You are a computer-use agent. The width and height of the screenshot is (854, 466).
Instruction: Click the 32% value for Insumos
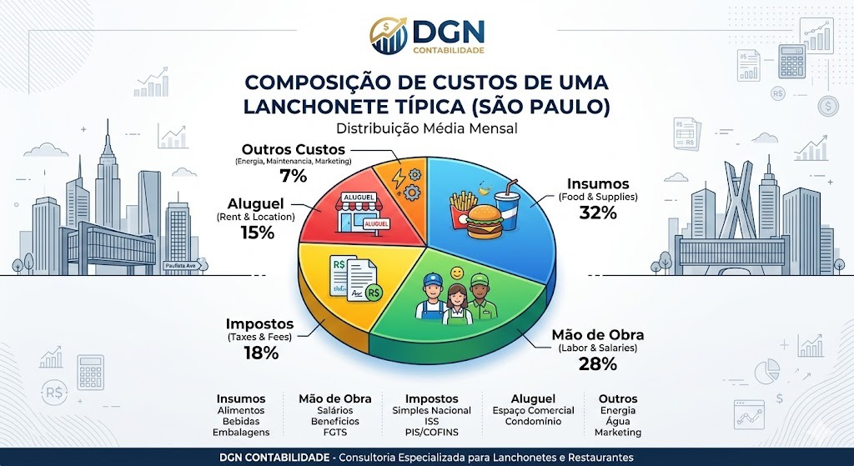(x=597, y=213)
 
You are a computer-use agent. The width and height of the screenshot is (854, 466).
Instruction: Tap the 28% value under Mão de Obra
(x=597, y=363)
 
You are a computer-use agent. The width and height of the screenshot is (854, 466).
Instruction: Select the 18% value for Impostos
(x=260, y=353)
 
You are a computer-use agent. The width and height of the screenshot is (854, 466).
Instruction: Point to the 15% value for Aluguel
(x=257, y=233)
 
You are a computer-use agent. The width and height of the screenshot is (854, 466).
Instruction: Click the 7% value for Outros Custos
(x=293, y=176)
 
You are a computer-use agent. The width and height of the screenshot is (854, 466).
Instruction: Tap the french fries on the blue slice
(x=464, y=208)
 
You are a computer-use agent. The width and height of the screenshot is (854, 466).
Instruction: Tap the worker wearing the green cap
(x=478, y=298)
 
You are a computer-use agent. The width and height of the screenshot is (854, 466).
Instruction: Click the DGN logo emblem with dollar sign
(x=389, y=37)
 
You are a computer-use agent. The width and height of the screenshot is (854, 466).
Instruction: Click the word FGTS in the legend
(x=334, y=433)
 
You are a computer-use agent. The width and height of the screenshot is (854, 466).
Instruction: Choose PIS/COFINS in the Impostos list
(x=431, y=433)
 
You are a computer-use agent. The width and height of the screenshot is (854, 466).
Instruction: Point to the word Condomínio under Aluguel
(x=533, y=422)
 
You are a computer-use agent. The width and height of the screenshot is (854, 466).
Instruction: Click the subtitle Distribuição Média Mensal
(x=426, y=128)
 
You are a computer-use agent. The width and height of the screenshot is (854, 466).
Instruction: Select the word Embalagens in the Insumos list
(x=240, y=433)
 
